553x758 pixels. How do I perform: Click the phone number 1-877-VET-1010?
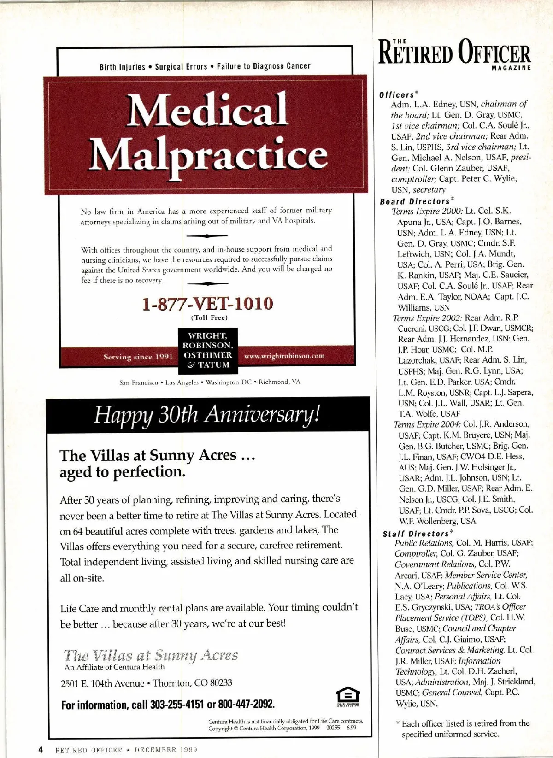207,304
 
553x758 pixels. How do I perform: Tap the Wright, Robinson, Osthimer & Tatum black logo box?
208,350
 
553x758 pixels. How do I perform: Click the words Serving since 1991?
138,357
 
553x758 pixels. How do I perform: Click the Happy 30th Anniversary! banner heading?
207,414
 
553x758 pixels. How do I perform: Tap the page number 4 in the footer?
41,749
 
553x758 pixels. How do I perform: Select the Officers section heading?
397,95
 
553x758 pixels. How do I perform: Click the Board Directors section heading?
415,201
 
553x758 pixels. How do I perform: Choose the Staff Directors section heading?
416,534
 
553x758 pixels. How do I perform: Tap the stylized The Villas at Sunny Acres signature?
151,655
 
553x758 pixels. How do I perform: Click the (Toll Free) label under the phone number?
210,317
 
